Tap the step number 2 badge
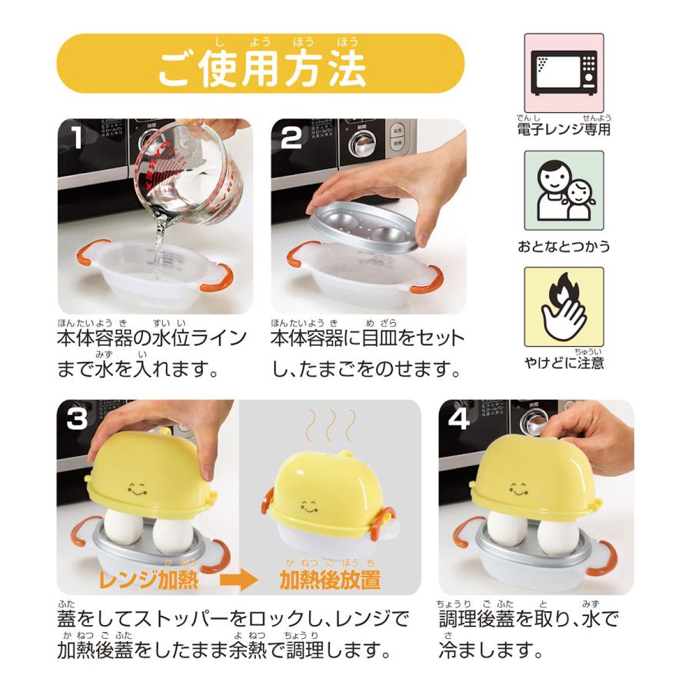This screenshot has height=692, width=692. pos(291,138)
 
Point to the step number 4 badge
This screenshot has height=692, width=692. pos(459,420)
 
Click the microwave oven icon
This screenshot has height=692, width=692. pos(564,74)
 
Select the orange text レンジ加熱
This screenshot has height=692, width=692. pos(149,579)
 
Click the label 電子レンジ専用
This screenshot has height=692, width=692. pos(564,129)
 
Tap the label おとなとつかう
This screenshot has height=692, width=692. pos(564,246)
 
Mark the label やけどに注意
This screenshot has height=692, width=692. pos(564,361)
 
